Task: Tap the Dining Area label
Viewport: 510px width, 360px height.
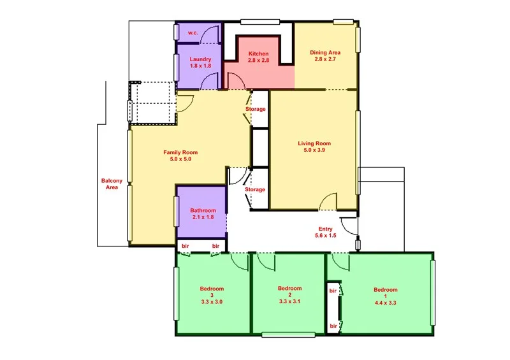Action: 325,55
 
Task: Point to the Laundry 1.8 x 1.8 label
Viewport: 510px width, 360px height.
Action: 200,62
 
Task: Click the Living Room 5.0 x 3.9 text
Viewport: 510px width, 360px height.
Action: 314,147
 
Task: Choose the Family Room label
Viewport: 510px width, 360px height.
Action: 180,155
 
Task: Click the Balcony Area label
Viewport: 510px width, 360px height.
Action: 112,184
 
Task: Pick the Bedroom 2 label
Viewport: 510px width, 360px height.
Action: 289,294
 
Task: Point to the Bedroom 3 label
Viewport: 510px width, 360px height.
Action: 212,294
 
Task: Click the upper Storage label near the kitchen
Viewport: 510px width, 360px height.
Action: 255,109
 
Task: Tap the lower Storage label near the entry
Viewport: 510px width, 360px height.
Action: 255,190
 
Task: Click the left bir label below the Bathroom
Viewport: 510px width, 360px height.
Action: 186,246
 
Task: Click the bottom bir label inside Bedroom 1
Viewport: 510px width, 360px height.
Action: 333,326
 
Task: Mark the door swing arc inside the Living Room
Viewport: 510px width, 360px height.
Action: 328,201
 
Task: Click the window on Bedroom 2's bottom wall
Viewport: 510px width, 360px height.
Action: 284,334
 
